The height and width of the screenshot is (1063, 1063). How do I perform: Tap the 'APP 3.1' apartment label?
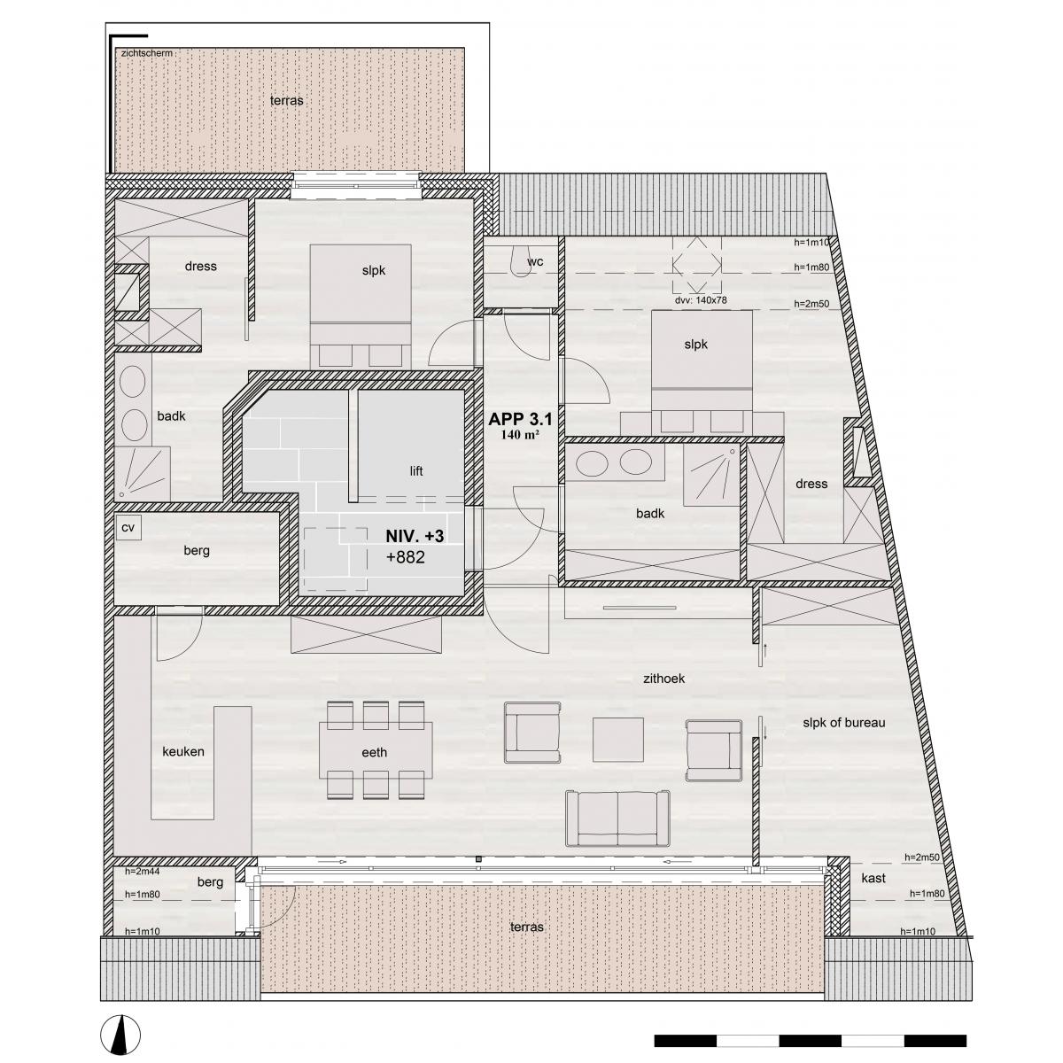(520, 419)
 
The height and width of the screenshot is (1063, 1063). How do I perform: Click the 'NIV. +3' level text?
(415, 536)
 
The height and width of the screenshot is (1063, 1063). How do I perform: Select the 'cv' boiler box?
(128, 527)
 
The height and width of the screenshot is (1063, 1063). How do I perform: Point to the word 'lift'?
(416, 471)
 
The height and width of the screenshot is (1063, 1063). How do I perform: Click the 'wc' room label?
(535, 261)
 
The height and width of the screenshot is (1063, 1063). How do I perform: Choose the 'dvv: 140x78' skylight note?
(701, 300)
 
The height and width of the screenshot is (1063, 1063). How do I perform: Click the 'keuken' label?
(183, 751)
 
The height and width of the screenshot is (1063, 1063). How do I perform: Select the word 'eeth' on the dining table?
(374, 752)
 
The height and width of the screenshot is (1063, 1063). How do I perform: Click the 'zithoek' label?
(663, 679)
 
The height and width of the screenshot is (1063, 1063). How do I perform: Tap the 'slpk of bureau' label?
(844, 723)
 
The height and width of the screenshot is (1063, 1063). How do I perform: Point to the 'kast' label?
(873, 878)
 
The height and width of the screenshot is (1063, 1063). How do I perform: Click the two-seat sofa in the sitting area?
(617, 826)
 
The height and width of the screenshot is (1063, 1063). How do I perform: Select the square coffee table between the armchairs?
(617, 740)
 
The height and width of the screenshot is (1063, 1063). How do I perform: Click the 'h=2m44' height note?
(143, 872)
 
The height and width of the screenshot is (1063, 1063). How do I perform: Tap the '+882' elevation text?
(406, 557)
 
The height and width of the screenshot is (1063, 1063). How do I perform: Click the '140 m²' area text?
(520, 435)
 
